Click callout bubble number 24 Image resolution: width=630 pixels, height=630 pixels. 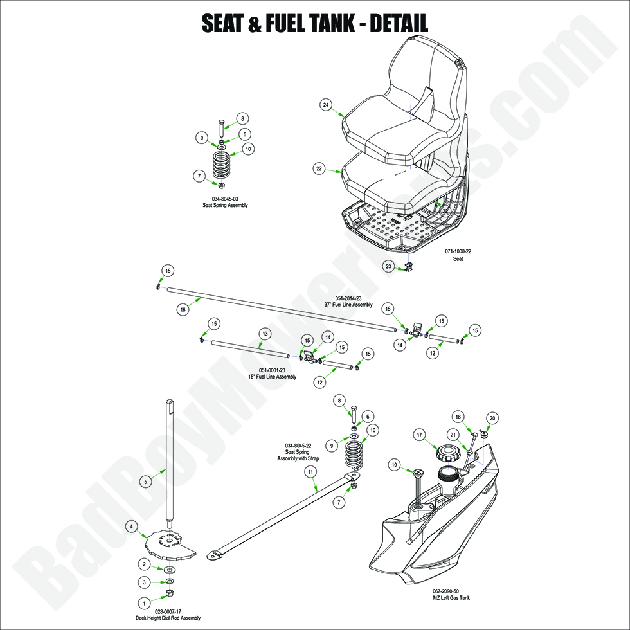(x=326, y=104)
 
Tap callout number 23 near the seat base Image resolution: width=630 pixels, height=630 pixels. (x=388, y=265)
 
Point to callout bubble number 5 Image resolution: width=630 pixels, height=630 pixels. (x=146, y=481)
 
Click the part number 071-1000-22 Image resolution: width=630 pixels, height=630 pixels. (x=458, y=251)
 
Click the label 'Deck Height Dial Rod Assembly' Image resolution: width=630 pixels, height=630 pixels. (x=168, y=618)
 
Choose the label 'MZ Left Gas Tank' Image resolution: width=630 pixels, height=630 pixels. (x=446, y=598)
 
